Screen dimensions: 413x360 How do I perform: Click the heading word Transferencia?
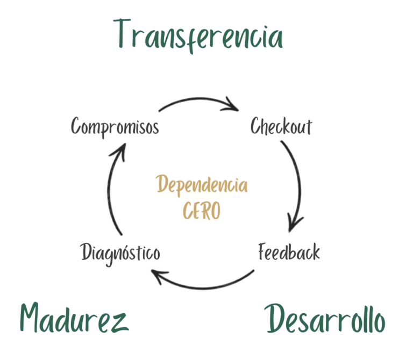[x=198, y=36]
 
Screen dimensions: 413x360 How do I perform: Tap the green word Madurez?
[x=74, y=318]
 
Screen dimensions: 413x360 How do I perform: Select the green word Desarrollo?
[x=325, y=319]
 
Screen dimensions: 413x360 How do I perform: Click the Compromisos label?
[x=115, y=127]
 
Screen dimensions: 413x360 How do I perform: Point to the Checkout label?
[x=281, y=126]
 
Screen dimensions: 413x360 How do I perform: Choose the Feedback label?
[x=289, y=252]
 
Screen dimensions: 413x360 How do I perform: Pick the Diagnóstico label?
[x=120, y=254]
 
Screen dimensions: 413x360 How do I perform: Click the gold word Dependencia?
[x=202, y=185]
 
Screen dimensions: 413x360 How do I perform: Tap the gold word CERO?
[x=202, y=211]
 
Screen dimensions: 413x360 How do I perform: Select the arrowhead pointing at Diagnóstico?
[x=158, y=276]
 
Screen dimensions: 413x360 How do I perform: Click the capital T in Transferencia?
[x=122, y=33]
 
